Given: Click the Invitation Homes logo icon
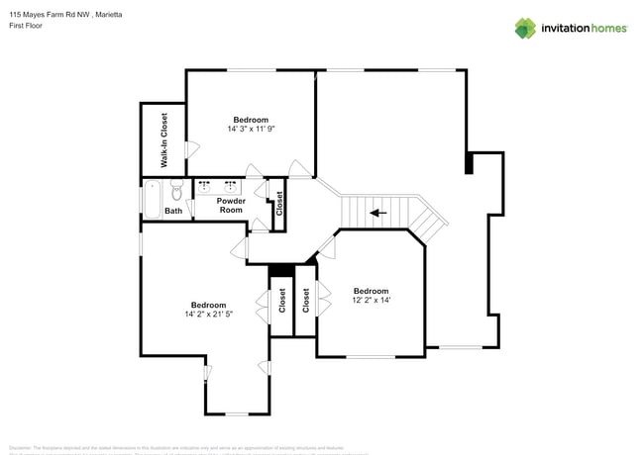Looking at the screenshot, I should click(525, 29).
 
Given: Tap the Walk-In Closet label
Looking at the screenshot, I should click(163, 138).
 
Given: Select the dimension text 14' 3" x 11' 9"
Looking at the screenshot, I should click(251, 129).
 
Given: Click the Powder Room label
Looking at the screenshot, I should click(231, 205).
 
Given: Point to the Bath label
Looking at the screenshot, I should click(173, 211).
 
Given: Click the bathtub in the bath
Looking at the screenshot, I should click(153, 198).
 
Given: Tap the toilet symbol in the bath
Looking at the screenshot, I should click(176, 188).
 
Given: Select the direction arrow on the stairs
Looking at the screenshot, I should click(376, 212).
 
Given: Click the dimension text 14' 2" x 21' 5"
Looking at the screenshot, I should click(208, 315).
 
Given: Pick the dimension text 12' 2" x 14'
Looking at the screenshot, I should click(372, 301).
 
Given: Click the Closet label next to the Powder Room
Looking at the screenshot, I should click(279, 204).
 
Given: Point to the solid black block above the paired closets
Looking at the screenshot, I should click(281, 270).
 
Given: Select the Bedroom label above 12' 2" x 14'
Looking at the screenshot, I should click(372, 291).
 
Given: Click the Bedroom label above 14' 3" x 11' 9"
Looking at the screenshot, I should click(251, 119).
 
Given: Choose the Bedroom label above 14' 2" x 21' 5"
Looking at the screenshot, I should click(208, 305).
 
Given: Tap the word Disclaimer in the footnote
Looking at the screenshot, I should click(20, 447).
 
